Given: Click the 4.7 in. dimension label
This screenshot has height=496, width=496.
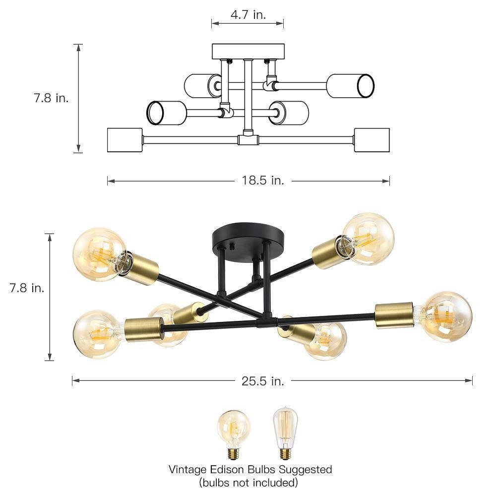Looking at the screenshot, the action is click(x=248, y=14).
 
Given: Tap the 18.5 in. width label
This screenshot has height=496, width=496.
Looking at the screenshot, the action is click(x=263, y=181).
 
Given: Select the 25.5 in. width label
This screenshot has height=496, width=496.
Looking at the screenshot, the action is click(x=263, y=381).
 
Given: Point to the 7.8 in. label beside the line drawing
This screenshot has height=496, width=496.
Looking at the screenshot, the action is click(x=51, y=98).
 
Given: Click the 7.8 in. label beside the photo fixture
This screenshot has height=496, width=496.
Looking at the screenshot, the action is click(x=27, y=288).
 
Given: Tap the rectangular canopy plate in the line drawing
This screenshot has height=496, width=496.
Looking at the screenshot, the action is click(x=248, y=52).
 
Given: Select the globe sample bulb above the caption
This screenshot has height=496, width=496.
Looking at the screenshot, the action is click(x=234, y=434).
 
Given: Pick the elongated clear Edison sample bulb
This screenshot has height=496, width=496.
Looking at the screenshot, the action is click(x=285, y=433).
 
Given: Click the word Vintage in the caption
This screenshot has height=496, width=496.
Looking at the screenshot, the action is click(x=187, y=469).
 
